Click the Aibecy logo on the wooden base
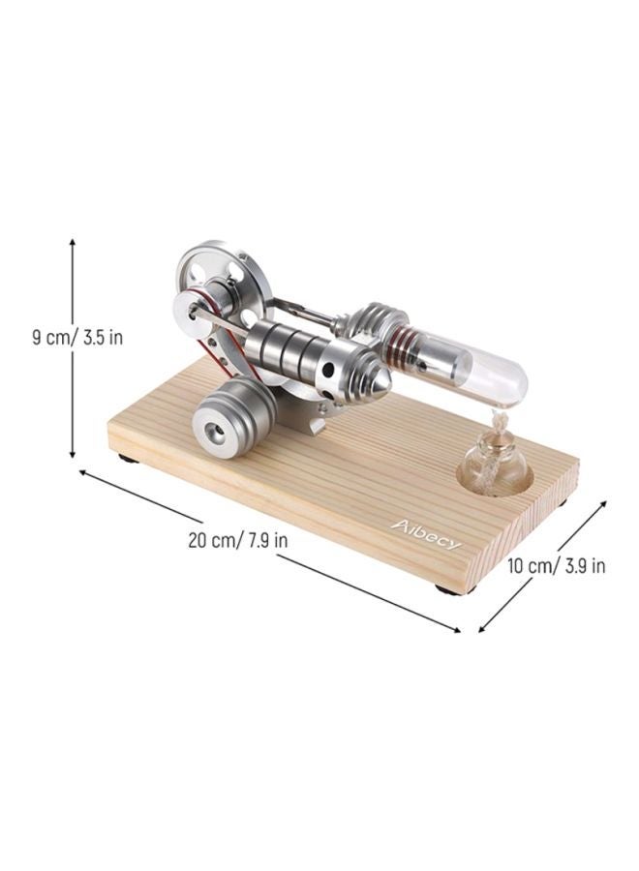[x=426, y=533]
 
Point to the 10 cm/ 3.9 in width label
[x=557, y=566]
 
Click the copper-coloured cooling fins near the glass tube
[x=399, y=349]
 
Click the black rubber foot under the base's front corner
[x=447, y=587]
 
